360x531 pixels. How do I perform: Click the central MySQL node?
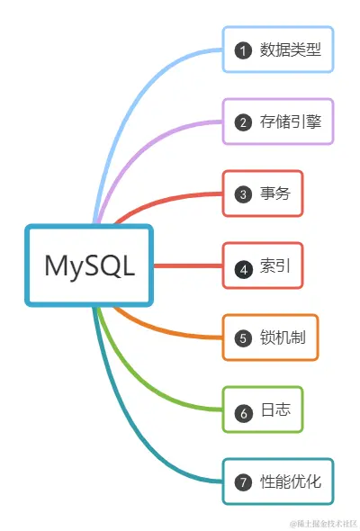89,265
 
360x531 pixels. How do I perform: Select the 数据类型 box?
278,49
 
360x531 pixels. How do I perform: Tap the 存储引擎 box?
278,121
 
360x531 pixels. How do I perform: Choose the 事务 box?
263,193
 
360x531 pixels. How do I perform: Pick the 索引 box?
263,266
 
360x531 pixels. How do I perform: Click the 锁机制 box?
270,337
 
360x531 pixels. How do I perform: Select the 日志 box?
263,410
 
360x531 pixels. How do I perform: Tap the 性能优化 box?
278,481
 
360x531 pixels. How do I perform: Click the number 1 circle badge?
242,50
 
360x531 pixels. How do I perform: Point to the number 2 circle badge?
242,122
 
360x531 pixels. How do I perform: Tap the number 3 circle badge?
242,194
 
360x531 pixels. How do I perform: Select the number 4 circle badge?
242,267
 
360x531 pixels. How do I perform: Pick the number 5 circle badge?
242,338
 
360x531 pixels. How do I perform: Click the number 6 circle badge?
242,411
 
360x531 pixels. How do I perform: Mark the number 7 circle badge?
242,482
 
